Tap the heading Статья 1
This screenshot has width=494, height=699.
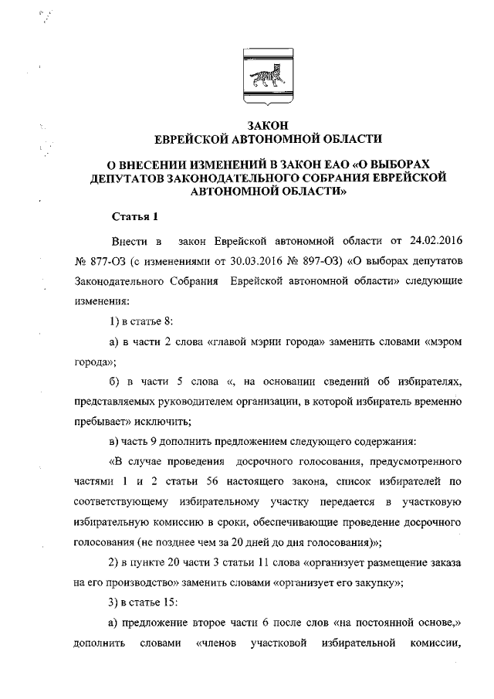pyautogui.click(x=134, y=215)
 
